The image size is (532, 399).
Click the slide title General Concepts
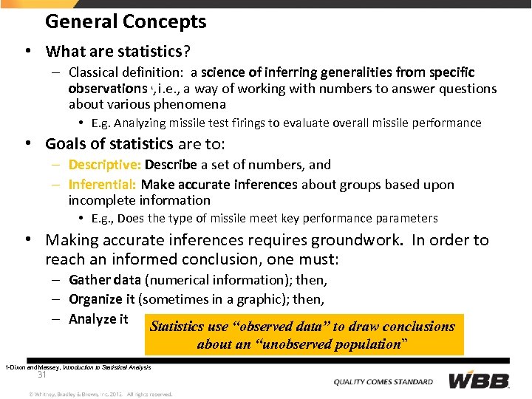[x=126, y=21]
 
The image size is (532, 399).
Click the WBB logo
[x=480, y=381]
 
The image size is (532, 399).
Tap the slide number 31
[x=42, y=375]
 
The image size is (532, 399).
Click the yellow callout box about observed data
[x=302, y=335]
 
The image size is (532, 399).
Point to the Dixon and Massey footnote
[x=78, y=367]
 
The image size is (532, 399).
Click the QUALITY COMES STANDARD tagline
[x=383, y=381]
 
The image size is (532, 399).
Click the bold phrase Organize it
[x=102, y=299]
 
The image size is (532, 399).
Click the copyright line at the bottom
[x=100, y=394]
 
